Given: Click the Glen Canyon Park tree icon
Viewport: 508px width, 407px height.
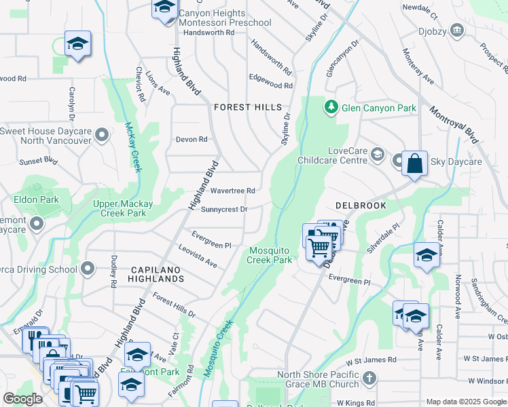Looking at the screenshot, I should pos(331,106).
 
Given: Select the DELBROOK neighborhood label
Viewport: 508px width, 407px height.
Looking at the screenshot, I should pos(361,205).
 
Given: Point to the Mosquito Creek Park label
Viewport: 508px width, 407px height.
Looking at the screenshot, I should pos(270,255).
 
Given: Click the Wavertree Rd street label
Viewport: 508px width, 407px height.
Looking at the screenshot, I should pos(232,191).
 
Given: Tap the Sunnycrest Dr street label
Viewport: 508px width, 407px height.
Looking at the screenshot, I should pos(224,210).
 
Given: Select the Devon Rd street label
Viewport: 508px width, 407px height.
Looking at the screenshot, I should pos(192,140).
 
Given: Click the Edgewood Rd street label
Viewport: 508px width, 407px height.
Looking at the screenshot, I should pos(270,86).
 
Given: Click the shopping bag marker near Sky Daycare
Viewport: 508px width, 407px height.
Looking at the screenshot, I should pos(414,164).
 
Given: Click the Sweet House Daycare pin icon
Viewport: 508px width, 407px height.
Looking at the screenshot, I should pos(103,135).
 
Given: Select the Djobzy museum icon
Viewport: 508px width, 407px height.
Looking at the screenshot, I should pos(456,29).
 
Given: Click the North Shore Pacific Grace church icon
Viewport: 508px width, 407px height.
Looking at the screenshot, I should pos(369,378).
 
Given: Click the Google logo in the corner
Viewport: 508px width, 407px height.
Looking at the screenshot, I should pos(23,400).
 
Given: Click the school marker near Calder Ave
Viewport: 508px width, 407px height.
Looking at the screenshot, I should pos(427,256).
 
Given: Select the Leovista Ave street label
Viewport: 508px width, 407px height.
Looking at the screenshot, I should pos(198,257).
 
